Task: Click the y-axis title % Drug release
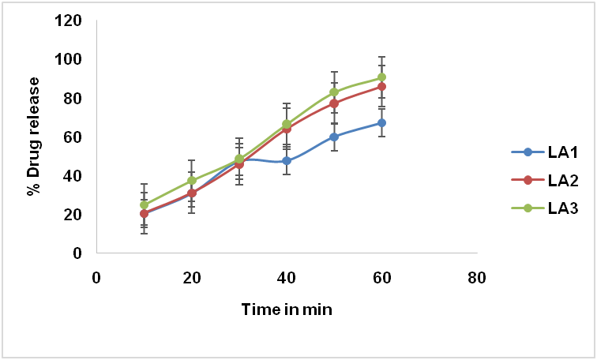click(34, 137)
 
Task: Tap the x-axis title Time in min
click(286, 309)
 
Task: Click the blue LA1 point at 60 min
click(381, 123)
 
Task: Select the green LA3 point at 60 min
click(381, 78)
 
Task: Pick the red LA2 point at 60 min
click(381, 87)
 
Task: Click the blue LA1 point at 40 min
click(287, 161)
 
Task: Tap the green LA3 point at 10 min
click(144, 204)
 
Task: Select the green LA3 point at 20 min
click(191, 181)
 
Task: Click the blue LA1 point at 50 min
click(334, 137)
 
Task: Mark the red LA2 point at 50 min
click(334, 103)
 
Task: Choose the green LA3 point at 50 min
click(334, 92)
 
